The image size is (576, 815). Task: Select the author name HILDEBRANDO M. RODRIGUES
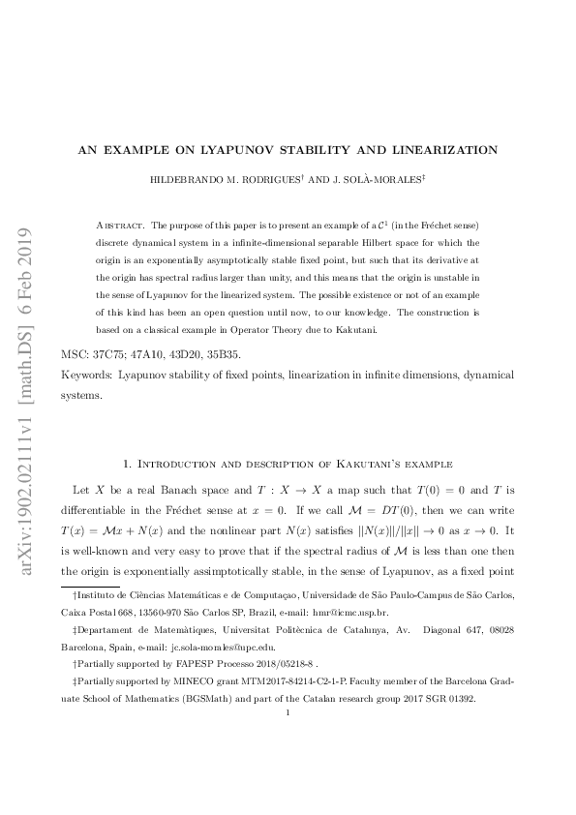click(227, 181)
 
